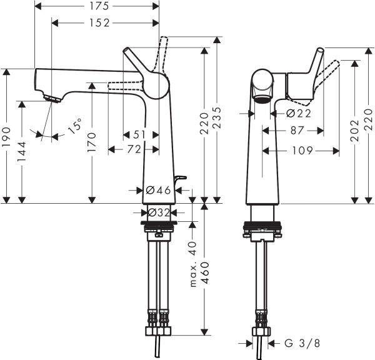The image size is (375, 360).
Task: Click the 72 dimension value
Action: pyautogui.click(x=133, y=149)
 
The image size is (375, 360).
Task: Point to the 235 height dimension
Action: pyautogui.click(x=217, y=120)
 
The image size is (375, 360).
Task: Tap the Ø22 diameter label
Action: pyautogui.click(x=298, y=114)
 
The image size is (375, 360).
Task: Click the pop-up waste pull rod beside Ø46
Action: pyautogui.click(x=179, y=180)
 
